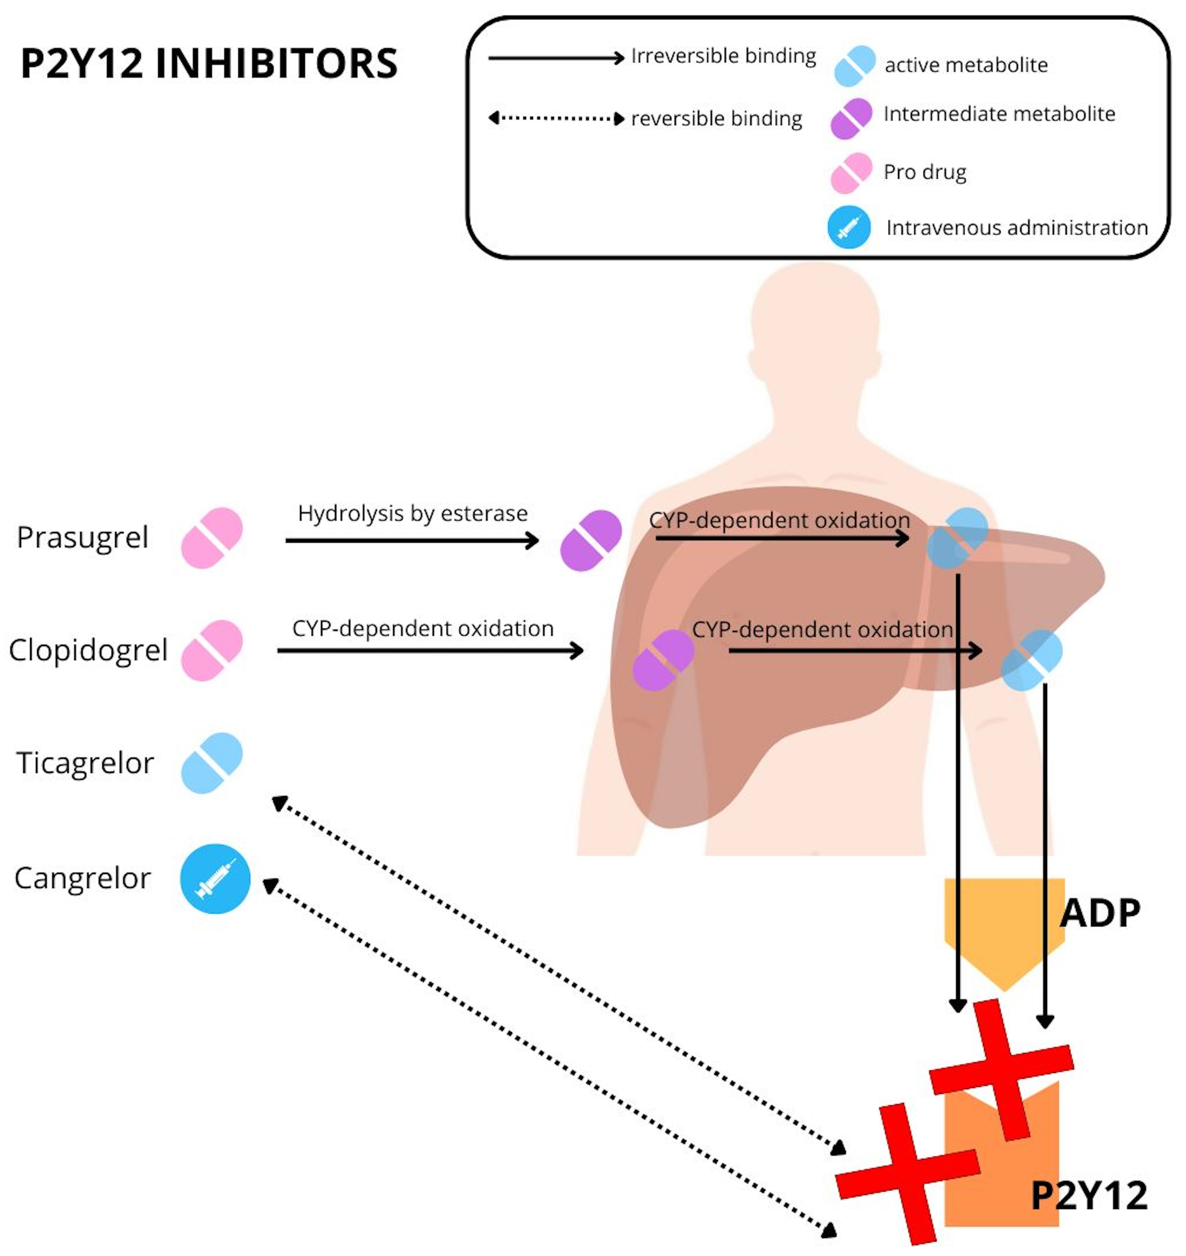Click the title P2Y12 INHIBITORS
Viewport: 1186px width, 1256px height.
click(x=209, y=63)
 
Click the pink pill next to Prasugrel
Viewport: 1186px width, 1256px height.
click(x=212, y=538)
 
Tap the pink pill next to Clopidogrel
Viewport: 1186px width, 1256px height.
click(x=212, y=650)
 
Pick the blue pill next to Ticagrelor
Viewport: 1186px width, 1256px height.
click(x=212, y=763)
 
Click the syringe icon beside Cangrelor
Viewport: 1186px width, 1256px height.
click(x=215, y=879)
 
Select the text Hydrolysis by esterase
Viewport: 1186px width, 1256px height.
click(x=412, y=513)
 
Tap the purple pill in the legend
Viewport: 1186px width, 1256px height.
click(x=851, y=118)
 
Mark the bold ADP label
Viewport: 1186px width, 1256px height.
click(x=1100, y=914)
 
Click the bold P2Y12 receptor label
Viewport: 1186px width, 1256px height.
click(x=1089, y=1195)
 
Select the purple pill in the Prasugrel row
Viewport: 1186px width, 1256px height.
click(x=590, y=540)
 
